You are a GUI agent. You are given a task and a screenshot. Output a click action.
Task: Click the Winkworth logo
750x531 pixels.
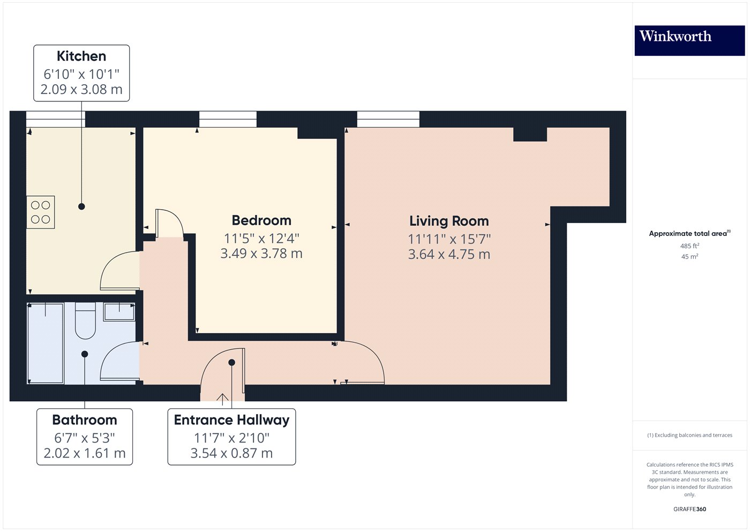[x=690, y=41]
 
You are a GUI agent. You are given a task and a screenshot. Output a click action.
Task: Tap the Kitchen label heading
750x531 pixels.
[x=81, y=56]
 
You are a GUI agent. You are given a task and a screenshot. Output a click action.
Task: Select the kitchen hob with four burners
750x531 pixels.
[x=41, y=212]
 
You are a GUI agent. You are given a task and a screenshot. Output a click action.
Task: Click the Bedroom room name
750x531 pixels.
[x=261, y=220]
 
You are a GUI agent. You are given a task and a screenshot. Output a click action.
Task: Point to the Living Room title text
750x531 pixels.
[x=449, y=221]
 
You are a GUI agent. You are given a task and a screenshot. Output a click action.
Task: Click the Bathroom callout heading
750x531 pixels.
[x=85, y=419]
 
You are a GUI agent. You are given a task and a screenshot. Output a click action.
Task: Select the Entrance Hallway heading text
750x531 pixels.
[x=231, y=420]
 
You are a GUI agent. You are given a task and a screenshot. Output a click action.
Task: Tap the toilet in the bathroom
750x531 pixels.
[x=85, y=321]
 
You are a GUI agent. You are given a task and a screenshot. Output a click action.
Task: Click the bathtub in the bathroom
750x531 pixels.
[x=46, y=343]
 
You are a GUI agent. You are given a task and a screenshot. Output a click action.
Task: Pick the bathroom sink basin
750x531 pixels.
[x=119, y=312]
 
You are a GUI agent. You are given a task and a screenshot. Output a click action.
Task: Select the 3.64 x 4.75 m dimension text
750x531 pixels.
[x=449, y=254]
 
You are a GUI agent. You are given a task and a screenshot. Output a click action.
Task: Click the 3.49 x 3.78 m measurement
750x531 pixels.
[x=261, y=253]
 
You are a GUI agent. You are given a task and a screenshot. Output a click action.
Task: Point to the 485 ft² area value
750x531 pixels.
[x=689, y=246]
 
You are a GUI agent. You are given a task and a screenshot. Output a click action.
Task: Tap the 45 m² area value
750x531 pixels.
[x=689, y=256]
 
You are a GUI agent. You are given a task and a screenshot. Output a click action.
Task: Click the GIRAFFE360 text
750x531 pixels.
[x=690, y=509]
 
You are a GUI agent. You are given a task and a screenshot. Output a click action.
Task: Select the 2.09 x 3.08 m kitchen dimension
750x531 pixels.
[x=81, y=89]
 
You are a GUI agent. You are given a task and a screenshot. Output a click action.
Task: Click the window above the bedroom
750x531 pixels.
[x=228, y=119]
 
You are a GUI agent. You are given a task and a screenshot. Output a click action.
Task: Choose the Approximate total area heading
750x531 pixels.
[x=690, y=233]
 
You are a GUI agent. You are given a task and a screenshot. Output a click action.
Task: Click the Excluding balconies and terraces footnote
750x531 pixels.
[x=690, y=435]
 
